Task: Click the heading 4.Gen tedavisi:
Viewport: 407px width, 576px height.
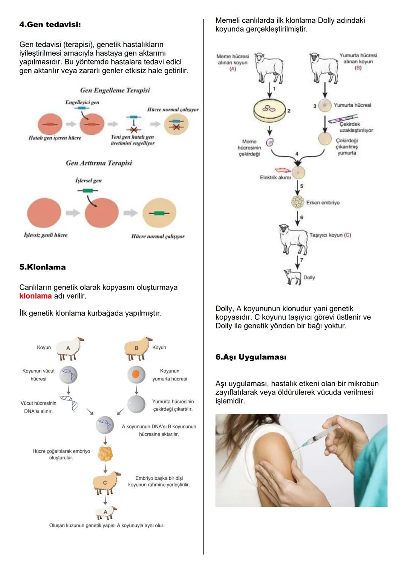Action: click(x=50, y=25)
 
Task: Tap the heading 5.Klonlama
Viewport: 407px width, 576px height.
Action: click(x=42, y=267)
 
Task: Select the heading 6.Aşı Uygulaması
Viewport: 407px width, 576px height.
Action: click(x=251, y=357)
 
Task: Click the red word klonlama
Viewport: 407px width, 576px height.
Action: click(x=35, y=296)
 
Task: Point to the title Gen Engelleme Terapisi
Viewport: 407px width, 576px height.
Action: click(x=115, y=90)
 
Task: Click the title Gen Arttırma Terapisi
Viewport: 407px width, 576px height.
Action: click(x=99, y=163)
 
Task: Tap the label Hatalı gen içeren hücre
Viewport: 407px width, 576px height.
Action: click(x=55, y=138)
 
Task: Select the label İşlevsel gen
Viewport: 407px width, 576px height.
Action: click(x=89, y=181)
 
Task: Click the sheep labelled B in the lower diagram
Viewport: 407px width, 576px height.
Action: click(x=137, y=348)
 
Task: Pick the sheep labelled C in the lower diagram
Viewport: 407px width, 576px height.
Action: click(x=106, y=483)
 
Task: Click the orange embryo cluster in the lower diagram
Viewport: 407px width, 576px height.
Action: click(x=105, y=454)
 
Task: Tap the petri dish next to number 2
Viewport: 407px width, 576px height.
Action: click(x=269, y=110)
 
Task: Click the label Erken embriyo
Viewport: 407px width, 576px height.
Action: click(x=323, y=203)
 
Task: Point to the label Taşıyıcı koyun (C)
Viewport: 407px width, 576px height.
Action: click(x=330, y=235)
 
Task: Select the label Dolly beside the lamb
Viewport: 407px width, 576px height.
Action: click(x=309, y=277)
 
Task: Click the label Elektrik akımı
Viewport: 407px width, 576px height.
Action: click(x=275, y=177)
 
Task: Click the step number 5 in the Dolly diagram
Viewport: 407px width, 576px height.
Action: click(x=301, y=186)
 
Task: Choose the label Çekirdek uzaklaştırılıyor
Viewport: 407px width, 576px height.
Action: click(x=356, y=127)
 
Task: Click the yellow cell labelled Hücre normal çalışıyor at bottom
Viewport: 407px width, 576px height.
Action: click(x=159, y=213)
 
